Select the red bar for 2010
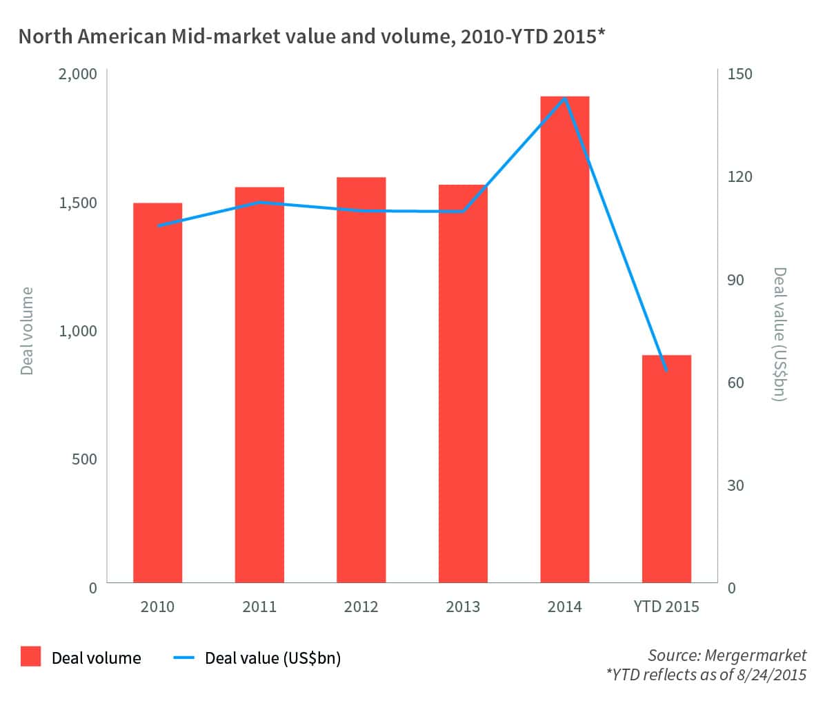click(157, 393)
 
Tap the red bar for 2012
click(361, 380)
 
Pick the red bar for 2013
click(463, 383)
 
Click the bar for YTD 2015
click(666, 469)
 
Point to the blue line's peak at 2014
click(565, 99)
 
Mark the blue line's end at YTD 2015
click(666, 371)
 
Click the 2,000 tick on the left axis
click(77, 74)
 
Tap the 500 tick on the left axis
click(84, 459)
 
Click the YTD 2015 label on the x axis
click(666, 607)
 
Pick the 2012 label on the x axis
click(361, 607)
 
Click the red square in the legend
click(30, 657)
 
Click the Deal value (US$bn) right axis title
click(780, 334)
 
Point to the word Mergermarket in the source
click(765, 655)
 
